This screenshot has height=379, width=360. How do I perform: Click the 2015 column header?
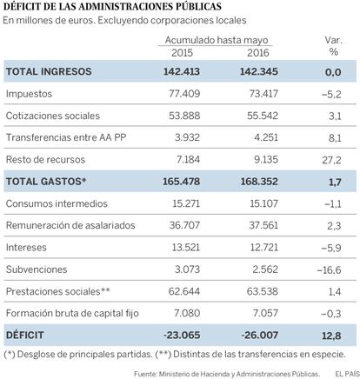(182, 53)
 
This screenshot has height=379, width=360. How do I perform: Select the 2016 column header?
(258, 53)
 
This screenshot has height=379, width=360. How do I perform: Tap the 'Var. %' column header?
(334, 46)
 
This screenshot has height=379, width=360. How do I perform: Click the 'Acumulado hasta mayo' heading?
(217, 40)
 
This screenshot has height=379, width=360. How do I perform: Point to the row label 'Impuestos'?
(29, 94)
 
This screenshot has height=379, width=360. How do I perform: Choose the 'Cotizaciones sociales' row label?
(53, 116)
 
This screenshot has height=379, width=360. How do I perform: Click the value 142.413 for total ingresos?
(182, 71)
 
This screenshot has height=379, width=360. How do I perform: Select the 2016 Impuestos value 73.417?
(263, 94)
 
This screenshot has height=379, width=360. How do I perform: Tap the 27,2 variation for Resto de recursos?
(331, 160)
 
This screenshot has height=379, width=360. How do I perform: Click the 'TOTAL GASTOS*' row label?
(46, 182)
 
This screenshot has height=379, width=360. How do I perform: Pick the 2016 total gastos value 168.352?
(259, 182)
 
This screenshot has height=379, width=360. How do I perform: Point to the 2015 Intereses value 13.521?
(186, 247)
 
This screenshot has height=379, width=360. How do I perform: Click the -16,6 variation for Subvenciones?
(329, 270)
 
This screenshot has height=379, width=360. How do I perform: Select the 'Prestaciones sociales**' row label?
(58, 291)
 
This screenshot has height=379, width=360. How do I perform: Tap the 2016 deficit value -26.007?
(260, 335)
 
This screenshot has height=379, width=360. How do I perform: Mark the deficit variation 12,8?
(331, 336)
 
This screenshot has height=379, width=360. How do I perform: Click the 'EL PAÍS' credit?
(347, 374)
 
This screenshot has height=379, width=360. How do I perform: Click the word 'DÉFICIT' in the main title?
(23, 6)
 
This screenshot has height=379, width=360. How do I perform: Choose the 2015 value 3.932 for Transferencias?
(187, 137)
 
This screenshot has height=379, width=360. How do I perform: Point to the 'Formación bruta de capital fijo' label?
(72, 313)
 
